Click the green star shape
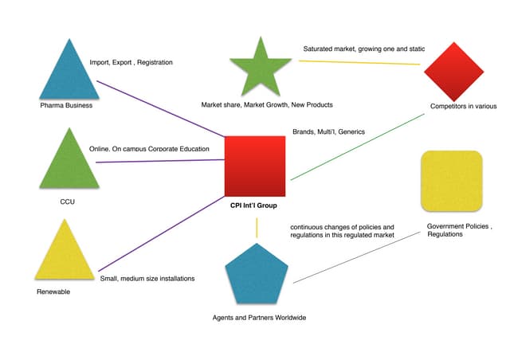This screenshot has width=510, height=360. tap(259, 67)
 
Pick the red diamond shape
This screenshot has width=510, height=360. tap(454, 72)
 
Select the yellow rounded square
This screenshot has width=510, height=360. tap(450, 181)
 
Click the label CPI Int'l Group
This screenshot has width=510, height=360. tap(255, 205)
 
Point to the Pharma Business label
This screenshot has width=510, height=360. tap(67, 105)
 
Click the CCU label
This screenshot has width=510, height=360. tap(67, 202)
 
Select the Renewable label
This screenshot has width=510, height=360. tap(53, 292)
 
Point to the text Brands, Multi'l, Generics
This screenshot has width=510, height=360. tap(329, 131)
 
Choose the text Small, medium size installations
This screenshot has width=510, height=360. tap(147, 278)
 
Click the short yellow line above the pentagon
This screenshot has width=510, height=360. tap(256, 228)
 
